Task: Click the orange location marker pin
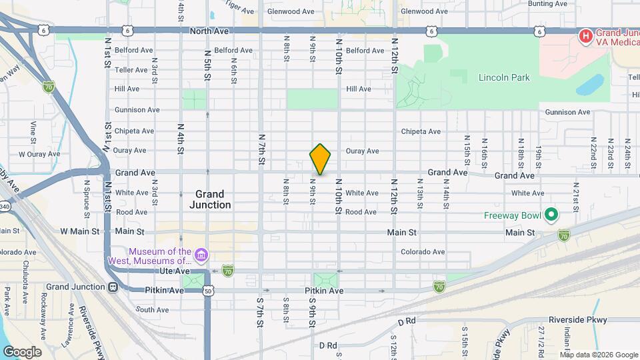(321, 159)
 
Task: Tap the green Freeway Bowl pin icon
(551, 215)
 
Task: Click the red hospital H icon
(585, 35)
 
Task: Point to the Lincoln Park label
(504, 77)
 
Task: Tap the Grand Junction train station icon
(113, 287)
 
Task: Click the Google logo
(22, 352)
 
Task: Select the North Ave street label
(209, 31)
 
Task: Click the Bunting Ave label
(547, 4)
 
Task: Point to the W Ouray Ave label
(39, 154)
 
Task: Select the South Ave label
(152, 309)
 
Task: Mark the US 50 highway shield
(209, 291)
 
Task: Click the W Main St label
(79, 231)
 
